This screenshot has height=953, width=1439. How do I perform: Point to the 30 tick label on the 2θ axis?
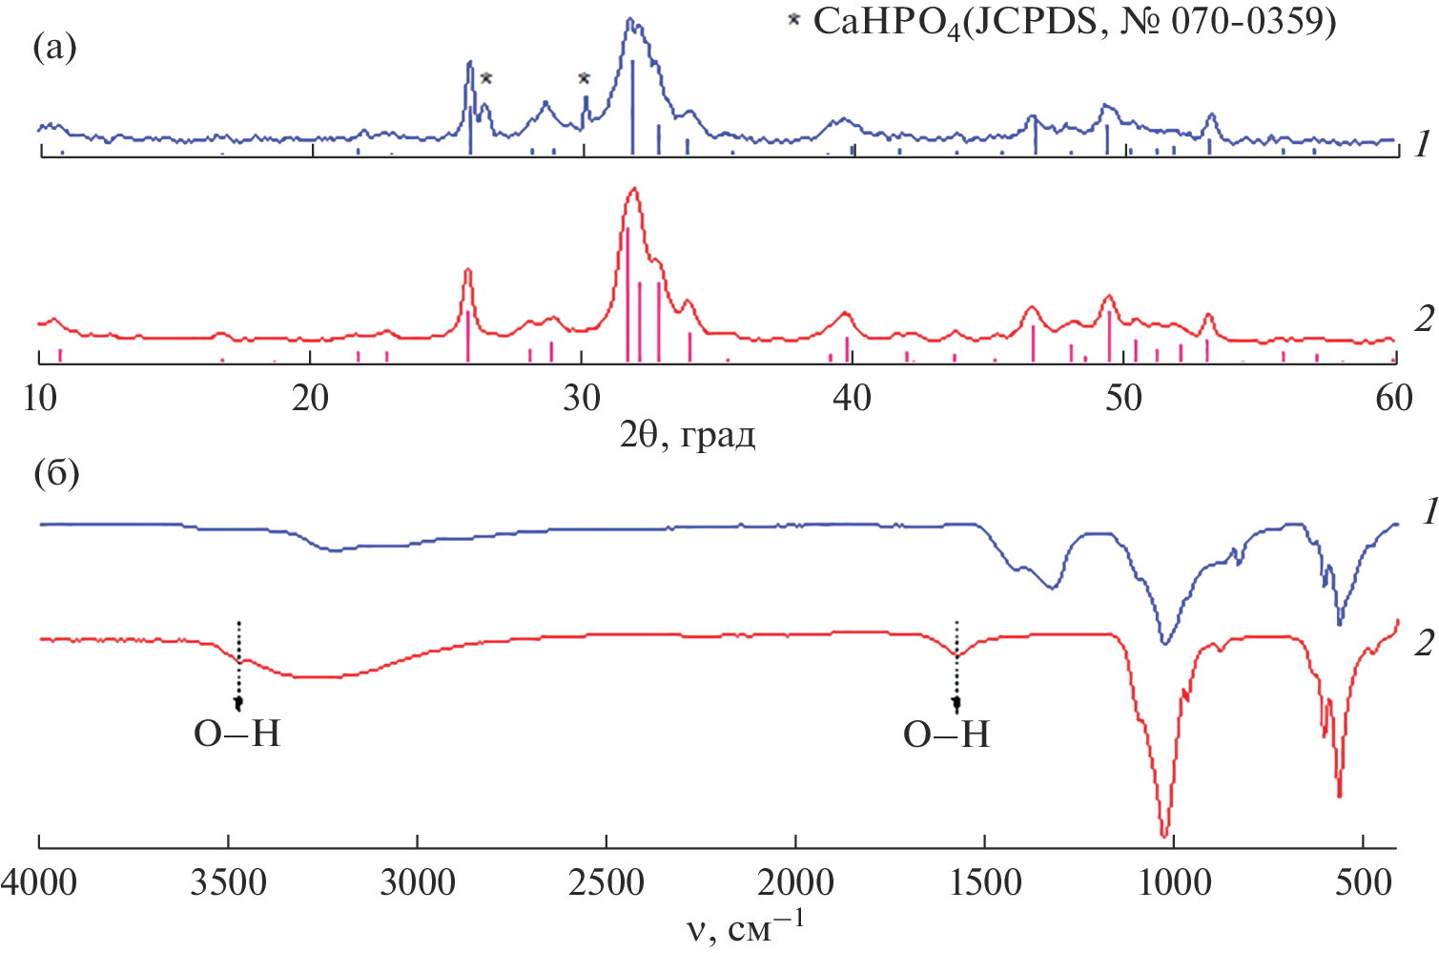click(x=582, y=398)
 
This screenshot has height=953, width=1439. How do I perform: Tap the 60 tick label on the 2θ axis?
click(x=1394, y=398)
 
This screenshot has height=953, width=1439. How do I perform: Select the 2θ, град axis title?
click(x=688, y=435)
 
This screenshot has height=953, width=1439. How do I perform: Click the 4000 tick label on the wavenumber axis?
click(x=39, y=882)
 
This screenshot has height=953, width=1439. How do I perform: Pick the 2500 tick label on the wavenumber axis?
click(x=606, y=882)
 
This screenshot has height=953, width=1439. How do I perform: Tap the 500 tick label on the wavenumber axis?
click(x=1364, y=882)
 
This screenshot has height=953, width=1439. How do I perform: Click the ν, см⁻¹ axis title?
click(x=745, y=926)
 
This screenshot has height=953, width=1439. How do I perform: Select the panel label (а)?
click(x=54, y=46)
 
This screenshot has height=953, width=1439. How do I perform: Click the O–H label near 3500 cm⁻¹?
click(x=237, y=734)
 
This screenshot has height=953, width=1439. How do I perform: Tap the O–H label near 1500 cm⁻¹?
click(x=947, y=734)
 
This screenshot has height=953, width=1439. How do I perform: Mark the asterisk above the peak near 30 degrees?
click(x=585, y=79)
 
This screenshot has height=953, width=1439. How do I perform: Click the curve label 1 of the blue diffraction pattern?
click(x=1422, y=143)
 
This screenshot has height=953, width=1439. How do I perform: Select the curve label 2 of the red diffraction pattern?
click(x=1424, y=318)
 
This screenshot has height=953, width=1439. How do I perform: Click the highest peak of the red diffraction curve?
click(x=634, y=189)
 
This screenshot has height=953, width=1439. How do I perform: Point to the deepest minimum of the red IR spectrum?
click(x=1164, y=836)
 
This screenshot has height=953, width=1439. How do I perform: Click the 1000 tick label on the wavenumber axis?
click(x=1174, y=882)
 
